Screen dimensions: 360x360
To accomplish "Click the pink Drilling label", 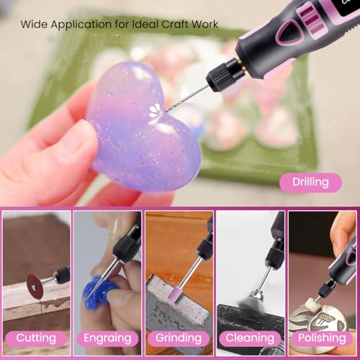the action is pos(310,182).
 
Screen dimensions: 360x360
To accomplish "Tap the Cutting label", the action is pos(36,338).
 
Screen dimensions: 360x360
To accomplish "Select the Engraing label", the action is pos(107,338).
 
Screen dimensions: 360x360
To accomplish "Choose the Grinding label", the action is pos(179,338).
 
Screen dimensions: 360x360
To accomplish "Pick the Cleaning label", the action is pos(250,338).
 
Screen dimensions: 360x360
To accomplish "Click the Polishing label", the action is pos(322,338).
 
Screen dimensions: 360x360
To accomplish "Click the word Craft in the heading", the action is pos(175,24).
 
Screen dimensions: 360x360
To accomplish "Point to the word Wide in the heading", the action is pos(34,24).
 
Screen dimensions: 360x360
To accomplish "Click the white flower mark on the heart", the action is pos(155,112).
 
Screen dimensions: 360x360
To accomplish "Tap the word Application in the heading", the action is pos(81,25).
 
